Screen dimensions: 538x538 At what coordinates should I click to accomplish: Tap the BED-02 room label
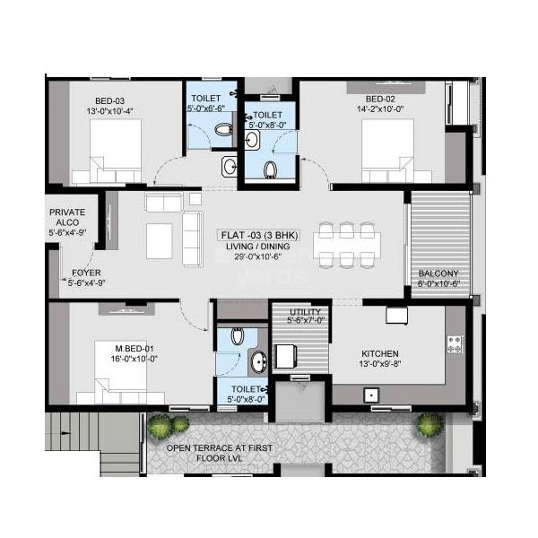pyautogui.click(x=380, y=100)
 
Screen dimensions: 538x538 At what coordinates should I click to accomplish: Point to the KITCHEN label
pyautogui.click(x=380, y=353)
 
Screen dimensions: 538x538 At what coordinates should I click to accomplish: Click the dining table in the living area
pyautogui.click(x=347, y=242)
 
